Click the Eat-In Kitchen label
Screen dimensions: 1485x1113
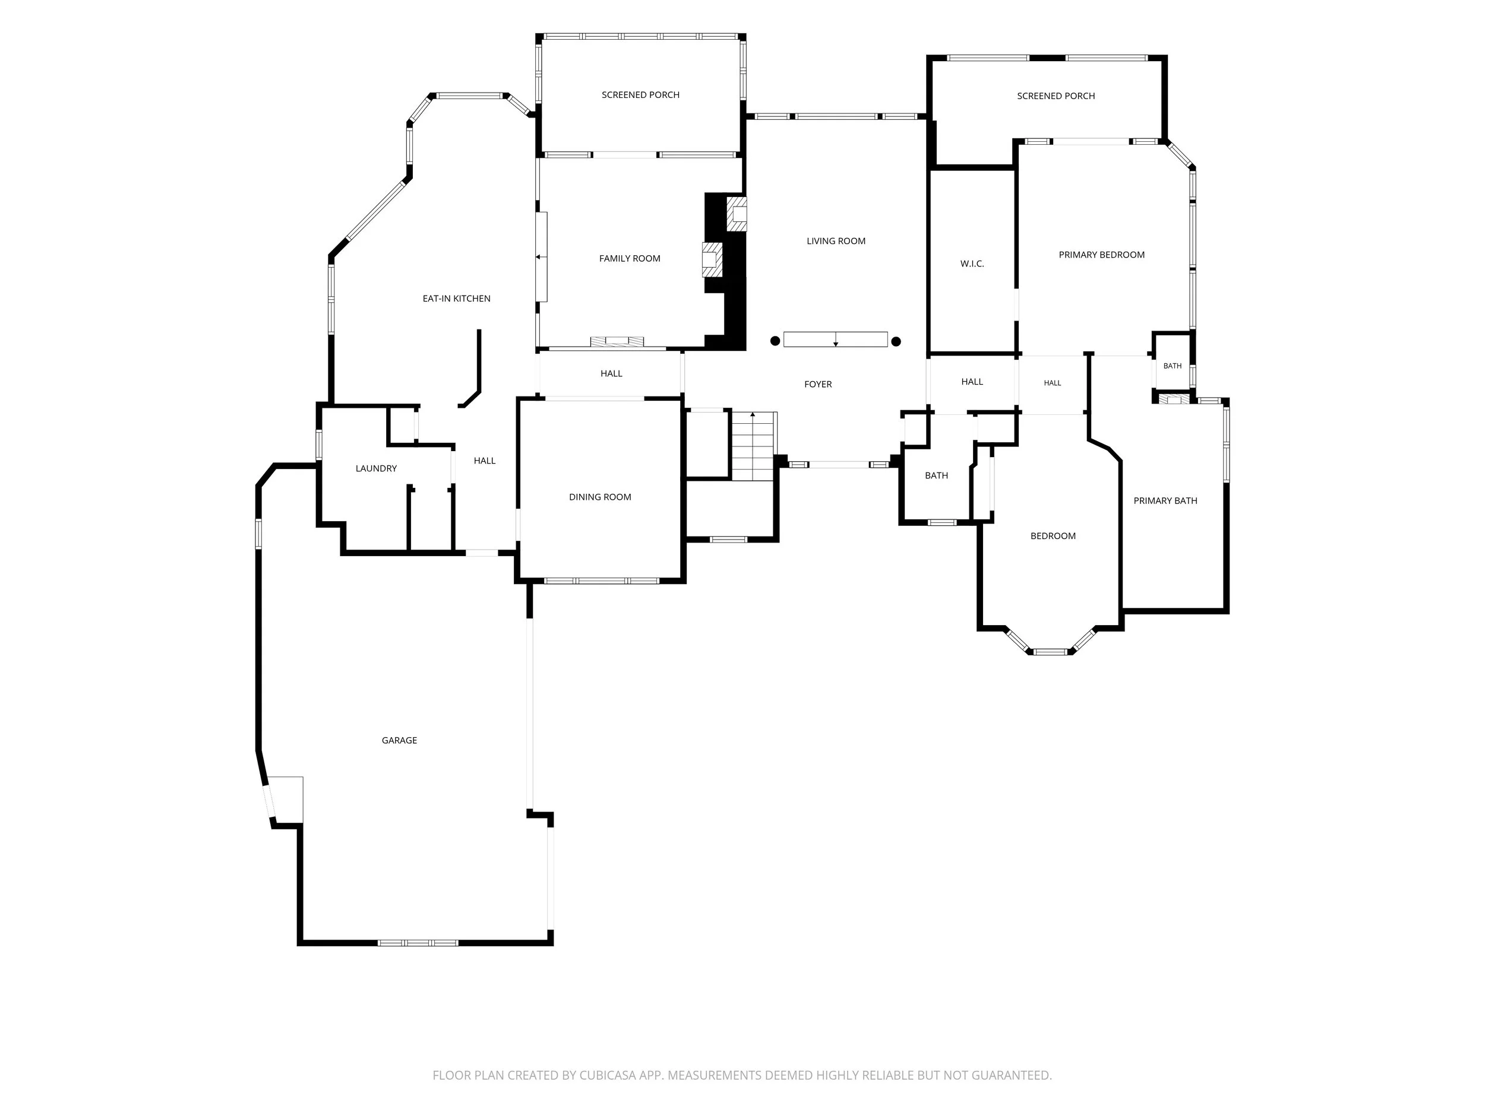(x=457, y=299)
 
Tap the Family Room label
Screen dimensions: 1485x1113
(x=630, y=258)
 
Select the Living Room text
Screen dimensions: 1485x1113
(x=836, y=241)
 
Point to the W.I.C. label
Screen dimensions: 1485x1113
(x=972, y=264)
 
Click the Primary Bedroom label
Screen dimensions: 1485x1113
(x=1102, y=255)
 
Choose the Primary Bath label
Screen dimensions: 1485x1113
(x=1165, y=500)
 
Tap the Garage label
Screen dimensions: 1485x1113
(x=399, y=741)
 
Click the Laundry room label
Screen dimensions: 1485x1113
(x=376, y=468)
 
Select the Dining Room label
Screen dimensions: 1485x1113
(x=600, y=497)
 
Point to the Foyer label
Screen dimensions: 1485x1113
(x=818, y=385)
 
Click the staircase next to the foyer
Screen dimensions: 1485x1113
(x=754, y=446)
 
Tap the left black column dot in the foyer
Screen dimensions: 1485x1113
(x=775, y=341)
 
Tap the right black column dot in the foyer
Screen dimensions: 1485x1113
(x=896, y=341)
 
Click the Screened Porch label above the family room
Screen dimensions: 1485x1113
(x=640, y=95)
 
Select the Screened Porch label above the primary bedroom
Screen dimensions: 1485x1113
(x=1056, y=96)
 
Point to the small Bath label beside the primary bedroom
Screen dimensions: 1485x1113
(x=1172, y=366)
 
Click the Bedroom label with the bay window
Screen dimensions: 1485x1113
(x=1053, y=536)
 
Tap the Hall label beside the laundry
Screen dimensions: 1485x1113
(x=485, y=461)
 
